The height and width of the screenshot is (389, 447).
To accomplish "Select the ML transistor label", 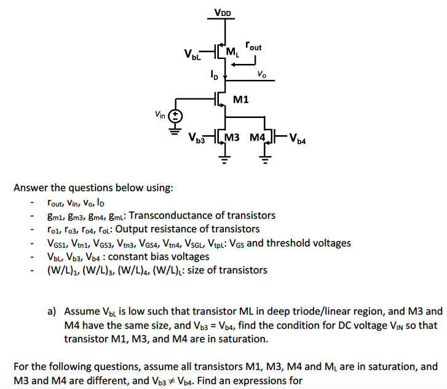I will pos(232,51).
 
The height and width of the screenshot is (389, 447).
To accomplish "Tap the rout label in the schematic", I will pos(253,46).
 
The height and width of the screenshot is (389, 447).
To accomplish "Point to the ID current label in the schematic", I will pos(213,76).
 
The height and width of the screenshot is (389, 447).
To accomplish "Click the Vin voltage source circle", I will pos(175,115).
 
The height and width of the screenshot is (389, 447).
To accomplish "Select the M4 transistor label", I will pos(257,136).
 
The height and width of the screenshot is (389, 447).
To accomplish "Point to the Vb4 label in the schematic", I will pos(297,138).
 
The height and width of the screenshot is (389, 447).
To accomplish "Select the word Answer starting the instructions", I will pos(31,187).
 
